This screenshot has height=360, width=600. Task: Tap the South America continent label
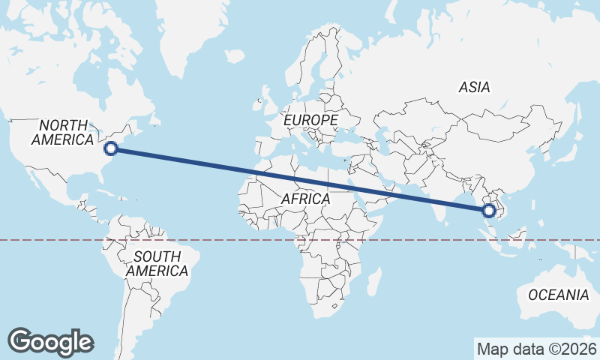(x=157, y=263)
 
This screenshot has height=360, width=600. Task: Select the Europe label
(x=310, y=120)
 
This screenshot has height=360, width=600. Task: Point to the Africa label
(x=306, y=199)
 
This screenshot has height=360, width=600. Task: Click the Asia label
(x=474, y=88)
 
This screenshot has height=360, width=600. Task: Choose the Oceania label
(x=559, y=295)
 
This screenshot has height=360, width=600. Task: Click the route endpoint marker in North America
(x=110, y=148)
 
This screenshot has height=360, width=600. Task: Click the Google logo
(x=51, y=341)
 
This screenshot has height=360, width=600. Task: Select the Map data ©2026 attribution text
(x=536, y=349)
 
